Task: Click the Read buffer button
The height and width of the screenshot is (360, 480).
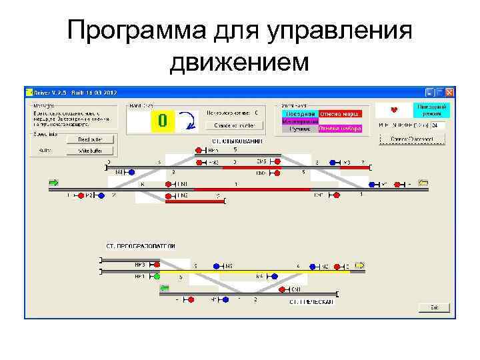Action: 91,139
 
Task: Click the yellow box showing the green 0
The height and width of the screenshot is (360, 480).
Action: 163,121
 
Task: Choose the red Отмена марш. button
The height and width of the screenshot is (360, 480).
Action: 340,114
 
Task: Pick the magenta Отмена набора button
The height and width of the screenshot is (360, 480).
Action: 340,129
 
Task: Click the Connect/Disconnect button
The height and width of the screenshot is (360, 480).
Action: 412,139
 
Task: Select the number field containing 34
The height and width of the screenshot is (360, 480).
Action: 438,125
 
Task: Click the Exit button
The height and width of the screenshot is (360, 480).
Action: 434,307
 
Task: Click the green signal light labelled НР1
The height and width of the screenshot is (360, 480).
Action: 157,275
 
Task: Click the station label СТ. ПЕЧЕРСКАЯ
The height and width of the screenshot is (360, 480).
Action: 311,302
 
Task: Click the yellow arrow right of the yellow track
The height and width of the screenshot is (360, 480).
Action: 360,265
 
